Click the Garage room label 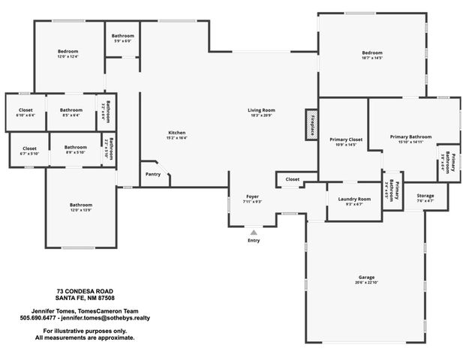[366, 277]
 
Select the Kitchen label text [176, 133]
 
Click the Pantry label [153, 173]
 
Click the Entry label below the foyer [254, 240]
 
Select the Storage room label [425, 196]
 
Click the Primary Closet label [345, 139]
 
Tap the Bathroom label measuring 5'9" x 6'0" [122, 36]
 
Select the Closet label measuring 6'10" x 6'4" [25, 110]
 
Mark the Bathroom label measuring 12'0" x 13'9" [81, 205]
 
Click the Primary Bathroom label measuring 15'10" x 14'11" [410, 137]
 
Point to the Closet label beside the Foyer [292, 179]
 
